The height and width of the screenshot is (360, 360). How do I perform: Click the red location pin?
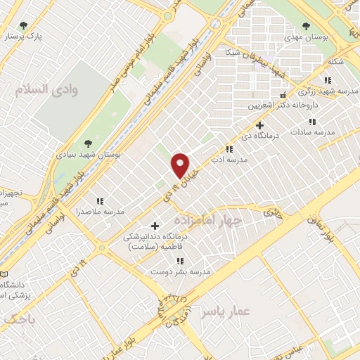(x=181, y=165)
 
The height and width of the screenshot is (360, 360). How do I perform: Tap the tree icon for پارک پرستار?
(x=25, y=26)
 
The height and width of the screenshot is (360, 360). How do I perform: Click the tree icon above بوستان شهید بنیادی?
(x=87, y=143)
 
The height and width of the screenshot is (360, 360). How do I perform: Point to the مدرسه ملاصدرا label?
(x=104, y=211)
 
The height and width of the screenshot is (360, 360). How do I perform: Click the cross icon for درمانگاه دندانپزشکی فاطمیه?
(x=155, y=226)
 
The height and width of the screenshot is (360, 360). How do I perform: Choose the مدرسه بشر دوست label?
(x=187, y=271)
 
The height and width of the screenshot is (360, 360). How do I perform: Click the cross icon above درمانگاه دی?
(x=259, y=124)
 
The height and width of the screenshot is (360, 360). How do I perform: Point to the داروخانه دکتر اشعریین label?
(x=282, y=105)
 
